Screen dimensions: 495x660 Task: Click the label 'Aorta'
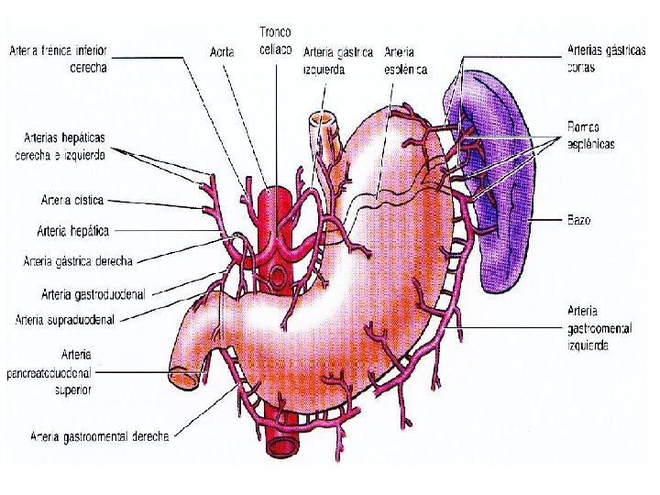(221, 53)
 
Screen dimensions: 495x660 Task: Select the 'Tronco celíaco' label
(275, 39)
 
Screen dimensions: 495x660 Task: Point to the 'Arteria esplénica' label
(406, 60)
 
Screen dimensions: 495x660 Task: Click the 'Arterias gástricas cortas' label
(594, 60)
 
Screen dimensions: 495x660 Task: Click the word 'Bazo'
(578, 220)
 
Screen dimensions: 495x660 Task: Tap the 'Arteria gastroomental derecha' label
(100, 436)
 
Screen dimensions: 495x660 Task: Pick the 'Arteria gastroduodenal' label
(93, 294)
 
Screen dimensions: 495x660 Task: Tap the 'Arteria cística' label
(72, 199)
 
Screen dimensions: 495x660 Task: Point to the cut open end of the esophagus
(322, 119)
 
